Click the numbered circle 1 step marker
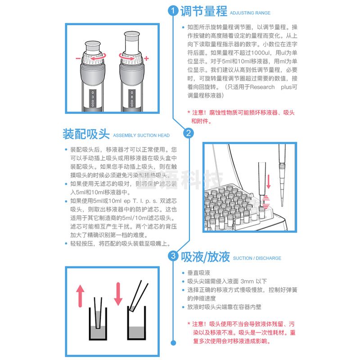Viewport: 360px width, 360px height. (173, 12)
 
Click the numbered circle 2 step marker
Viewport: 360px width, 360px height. (189, 133)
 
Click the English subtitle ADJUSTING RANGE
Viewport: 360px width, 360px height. (250, 13)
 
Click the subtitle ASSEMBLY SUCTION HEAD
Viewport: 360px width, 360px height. (141, 135)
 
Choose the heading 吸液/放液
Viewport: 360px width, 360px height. (206, 257)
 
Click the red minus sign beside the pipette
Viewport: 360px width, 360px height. (78, 59)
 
